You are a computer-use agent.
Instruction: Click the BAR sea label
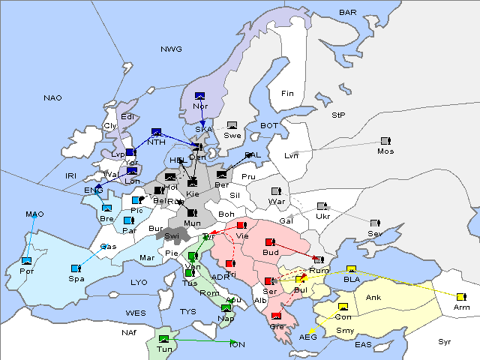[x=347, y=13]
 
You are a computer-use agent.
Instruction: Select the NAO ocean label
[x=52, y=97]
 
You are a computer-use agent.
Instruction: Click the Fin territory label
[x=287, y=93]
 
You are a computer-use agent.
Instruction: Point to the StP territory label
[x=338, y=115]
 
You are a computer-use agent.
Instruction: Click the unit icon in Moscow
[x=385, y=141]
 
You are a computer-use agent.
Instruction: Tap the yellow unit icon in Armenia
[x=460, y=296]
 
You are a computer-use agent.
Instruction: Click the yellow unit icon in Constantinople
[x=343, y=307]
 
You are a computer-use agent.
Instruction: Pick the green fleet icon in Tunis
[x=163, y=339]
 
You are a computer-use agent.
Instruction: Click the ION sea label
[x=237, y=344]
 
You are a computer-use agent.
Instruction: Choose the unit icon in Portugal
[x=27, y=260]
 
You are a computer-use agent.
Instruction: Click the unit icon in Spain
[x=76, y=268]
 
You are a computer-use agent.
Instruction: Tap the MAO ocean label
[x=35, y=214]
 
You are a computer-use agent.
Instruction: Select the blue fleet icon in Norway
[x=199, y=95]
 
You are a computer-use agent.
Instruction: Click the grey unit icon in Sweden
[x=232, y=124]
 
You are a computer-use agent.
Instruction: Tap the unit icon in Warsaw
[x=276, y=190]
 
